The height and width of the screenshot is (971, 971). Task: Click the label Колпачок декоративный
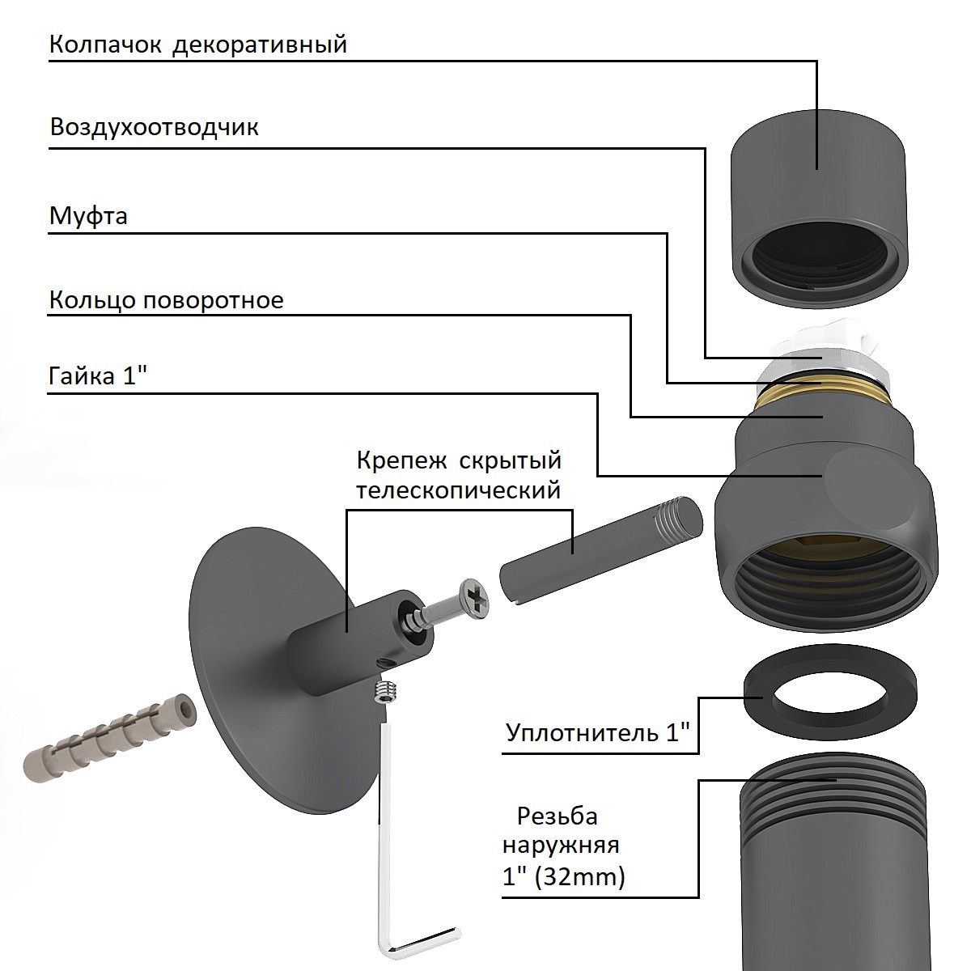pyautogui.click(x=198, y=45)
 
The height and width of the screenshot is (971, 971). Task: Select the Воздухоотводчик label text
pyautogui.click(x=155, y=127)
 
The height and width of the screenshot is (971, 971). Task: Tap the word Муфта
pyautogui.click(x=88, y=216)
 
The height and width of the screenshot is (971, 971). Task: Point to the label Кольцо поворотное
pyautogui.click(x=167, y=300)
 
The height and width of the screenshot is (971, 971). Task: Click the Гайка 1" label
pyautogui.click(x=98, y=376)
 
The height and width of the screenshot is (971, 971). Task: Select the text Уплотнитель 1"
pyautogui.click(x=598, y=732)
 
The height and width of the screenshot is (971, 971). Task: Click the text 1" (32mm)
pyautogui.click(x=564, y=877)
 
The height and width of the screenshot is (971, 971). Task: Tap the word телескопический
pyautogui.click(x=459, y=490)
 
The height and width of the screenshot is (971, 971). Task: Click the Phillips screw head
pyautogui.click(x=474, y=598)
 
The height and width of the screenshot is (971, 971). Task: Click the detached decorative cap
pyautogui.click(x=819, y=208)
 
